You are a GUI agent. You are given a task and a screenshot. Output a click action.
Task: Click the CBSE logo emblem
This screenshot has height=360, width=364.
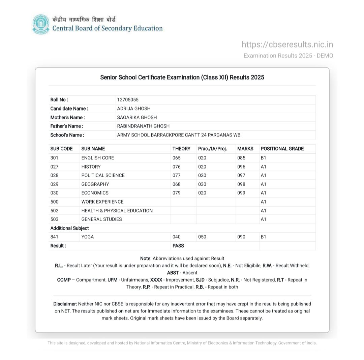(41, 24)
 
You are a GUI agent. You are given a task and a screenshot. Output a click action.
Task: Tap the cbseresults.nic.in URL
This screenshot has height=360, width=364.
(287, 44)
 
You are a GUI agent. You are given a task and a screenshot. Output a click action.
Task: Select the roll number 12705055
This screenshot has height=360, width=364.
(128, 100)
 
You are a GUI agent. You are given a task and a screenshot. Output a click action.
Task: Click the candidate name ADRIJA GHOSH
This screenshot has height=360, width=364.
(134, 109)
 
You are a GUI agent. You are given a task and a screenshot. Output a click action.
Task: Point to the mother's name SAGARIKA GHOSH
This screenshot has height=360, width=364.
(137, 117)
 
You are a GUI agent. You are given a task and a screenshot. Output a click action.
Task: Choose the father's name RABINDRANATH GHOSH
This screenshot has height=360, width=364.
(143, 126)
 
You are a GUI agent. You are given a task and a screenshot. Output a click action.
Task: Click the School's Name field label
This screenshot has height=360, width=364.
(67, 135)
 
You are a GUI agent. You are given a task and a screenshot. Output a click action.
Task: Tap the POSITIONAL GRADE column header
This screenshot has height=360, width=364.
(282, 149)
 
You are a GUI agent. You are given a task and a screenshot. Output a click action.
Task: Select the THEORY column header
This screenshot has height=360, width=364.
(181, 149)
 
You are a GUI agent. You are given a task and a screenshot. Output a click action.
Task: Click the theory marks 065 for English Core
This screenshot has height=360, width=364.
(177, 158)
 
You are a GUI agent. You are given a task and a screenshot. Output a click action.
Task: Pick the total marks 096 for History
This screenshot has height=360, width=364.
(241, 167)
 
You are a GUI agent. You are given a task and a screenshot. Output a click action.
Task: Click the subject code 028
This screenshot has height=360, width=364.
(54, 175)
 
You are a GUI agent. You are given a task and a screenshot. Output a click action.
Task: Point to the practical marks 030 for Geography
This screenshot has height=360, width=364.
(202, 184)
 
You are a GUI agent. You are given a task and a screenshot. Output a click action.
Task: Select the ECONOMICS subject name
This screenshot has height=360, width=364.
(95, 193)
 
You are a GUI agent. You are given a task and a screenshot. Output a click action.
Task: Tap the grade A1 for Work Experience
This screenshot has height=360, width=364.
(264, 202)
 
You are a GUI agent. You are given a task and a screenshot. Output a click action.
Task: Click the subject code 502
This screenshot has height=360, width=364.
(54, 211)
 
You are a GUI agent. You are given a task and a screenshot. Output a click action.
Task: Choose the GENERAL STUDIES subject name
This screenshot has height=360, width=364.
(101, 219)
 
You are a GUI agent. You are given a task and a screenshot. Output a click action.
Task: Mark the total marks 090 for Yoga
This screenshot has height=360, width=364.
(241, 237)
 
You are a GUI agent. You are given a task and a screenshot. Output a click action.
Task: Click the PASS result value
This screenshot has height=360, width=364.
(178, 246)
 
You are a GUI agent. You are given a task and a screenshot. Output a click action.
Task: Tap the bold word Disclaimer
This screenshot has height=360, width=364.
(65, 304)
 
